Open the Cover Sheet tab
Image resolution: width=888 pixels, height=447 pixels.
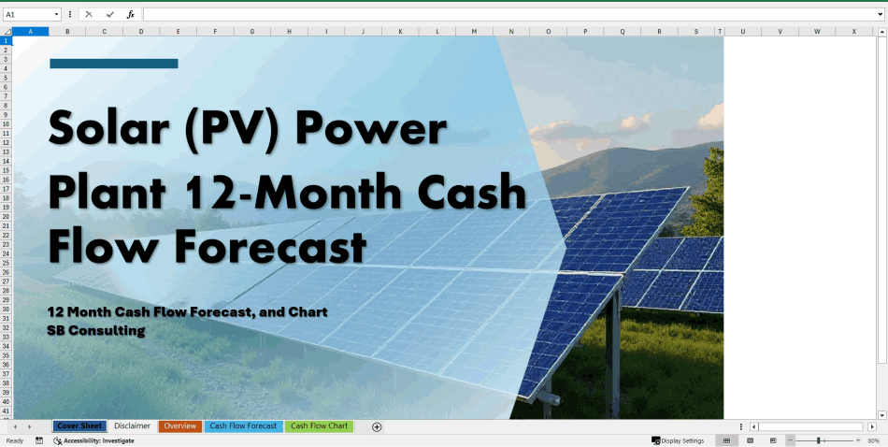(x=79, y=426)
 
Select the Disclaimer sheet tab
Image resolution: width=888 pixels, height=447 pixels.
(x=133, y=426)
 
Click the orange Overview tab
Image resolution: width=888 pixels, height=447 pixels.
(x=179, y=426)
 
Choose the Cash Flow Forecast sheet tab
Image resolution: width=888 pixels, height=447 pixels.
(x=243, y=426)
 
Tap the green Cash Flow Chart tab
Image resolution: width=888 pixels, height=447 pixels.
(x=319, y=426)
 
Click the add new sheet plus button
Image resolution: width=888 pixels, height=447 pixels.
(x=377, y=427)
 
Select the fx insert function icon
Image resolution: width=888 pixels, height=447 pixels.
(x=131, y=15)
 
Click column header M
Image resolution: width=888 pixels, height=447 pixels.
(x=474, y=32)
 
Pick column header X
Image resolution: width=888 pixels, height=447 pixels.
(x=853, y=32)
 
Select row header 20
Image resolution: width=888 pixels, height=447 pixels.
(x=6, y=216)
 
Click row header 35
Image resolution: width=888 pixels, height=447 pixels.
(x=6, y=354)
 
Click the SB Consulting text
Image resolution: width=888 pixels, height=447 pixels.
(x=96, y=330)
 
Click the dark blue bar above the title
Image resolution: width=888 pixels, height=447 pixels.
(x=113, y=64)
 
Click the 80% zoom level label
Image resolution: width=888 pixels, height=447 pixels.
(x=874, y=440)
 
